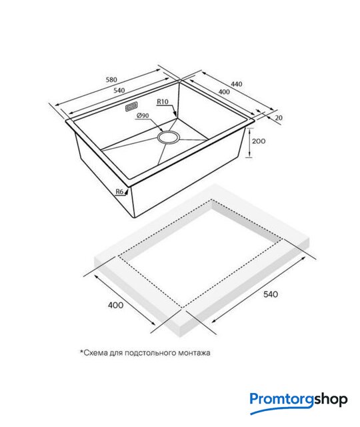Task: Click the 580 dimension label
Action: tap(111, 79)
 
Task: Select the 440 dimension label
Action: tap(237, 84)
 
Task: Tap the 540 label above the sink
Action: tap(119, 91)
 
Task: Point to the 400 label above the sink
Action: tap(224, 92)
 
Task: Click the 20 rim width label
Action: tap(279, 117)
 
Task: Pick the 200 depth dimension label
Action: tap(259, 141)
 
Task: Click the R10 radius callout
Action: tap(163, 101)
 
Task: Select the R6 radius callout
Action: tap(120, 191)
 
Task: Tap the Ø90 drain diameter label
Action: tap(143, 115)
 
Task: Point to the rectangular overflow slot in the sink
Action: tap(131, 107)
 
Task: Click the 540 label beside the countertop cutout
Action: tap(271, 294)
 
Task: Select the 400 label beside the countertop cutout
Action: tap(115, 305)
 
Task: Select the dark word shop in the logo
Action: tap(331, 400)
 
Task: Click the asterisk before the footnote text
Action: tap(81, 352)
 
